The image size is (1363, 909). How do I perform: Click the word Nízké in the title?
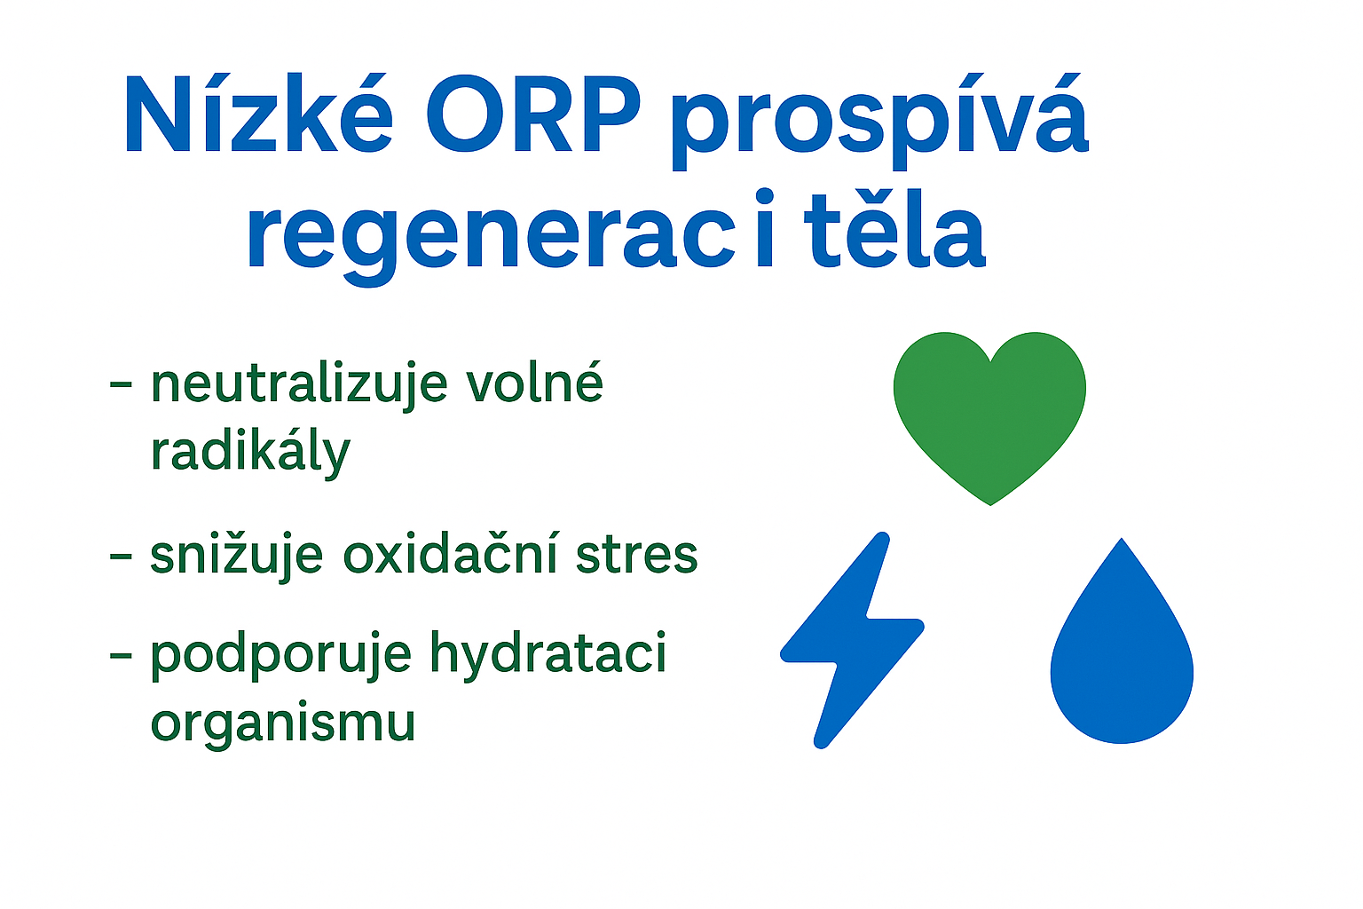point(258,114)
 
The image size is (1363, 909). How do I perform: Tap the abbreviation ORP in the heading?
point(533,115)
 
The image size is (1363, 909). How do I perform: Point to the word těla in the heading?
point(894,228)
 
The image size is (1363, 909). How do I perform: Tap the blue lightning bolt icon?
point(852,639)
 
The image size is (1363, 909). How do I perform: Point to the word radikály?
point(250,452)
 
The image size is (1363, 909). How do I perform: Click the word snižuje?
point(237,555)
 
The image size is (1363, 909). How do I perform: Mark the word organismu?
point(283,724)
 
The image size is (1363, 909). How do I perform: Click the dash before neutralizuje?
point(121,384)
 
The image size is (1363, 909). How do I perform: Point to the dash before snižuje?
point(121,556)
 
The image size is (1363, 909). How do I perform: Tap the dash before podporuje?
point(121,656)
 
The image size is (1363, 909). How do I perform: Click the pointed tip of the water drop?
point(1122,539)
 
